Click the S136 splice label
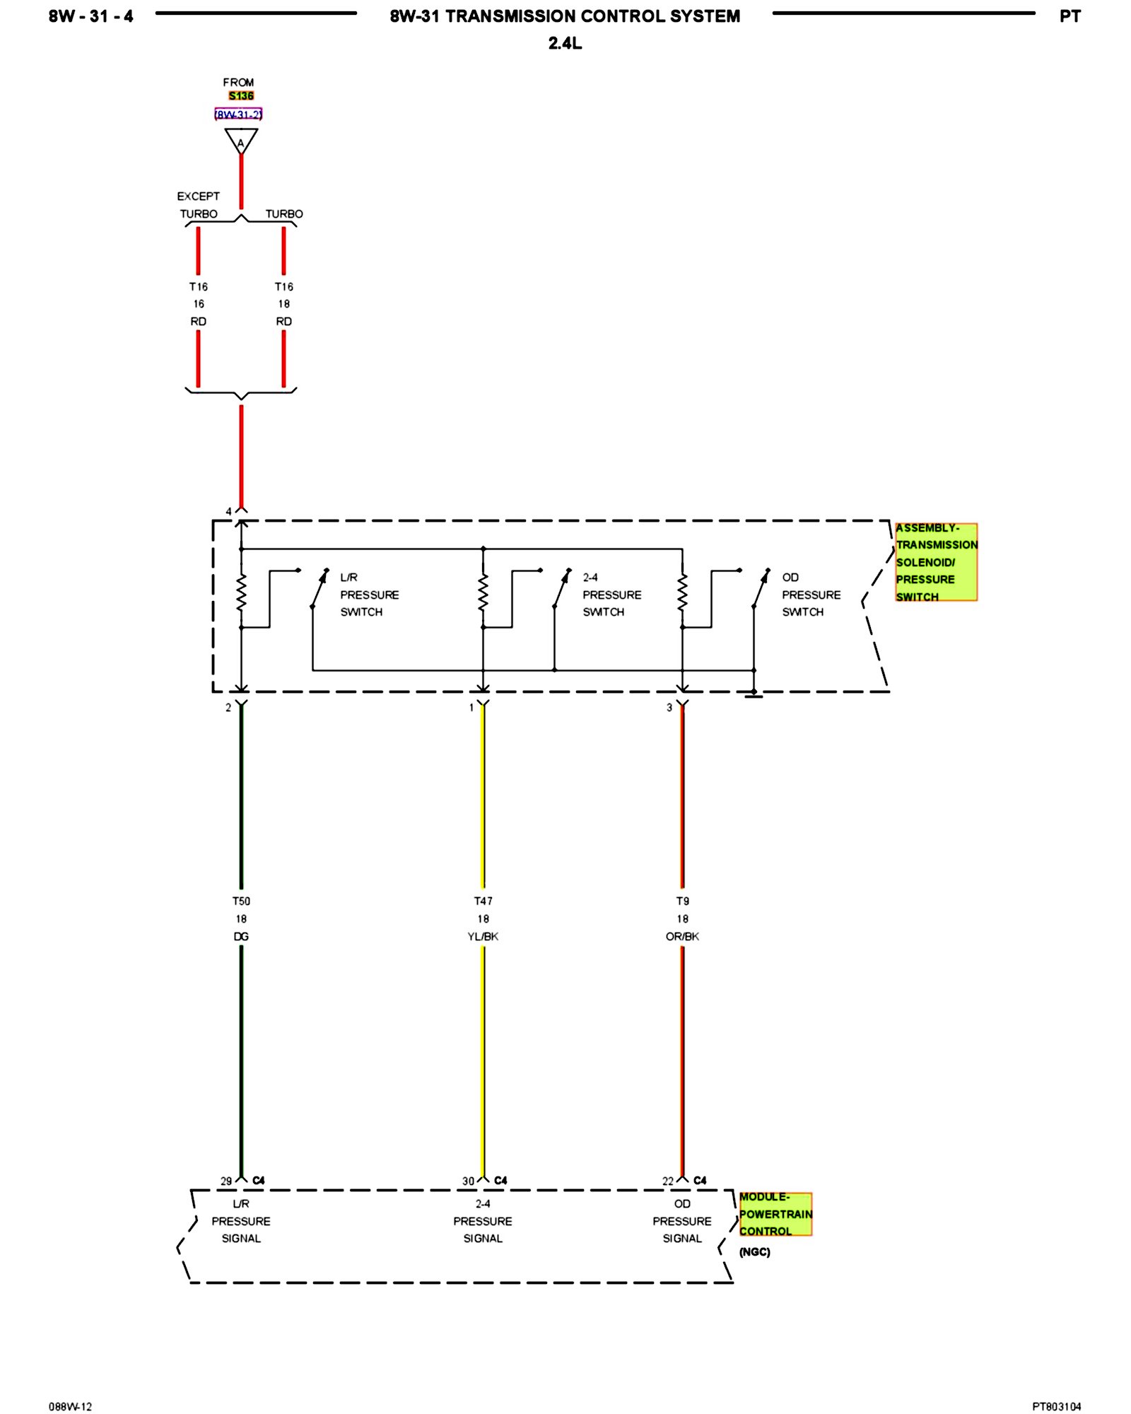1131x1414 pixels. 241,96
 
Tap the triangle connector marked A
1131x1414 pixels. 241,141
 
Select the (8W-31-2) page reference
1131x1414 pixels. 238,115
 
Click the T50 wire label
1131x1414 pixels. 241,901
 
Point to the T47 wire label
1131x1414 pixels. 483,901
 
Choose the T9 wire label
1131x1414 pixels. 682,901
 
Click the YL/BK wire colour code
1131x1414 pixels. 483,937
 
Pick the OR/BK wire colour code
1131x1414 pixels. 682,937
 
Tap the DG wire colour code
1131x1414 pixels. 241,937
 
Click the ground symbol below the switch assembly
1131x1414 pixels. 754,694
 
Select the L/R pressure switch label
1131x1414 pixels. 369,595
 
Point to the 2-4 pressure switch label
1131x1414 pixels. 611,595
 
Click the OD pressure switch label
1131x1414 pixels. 811,595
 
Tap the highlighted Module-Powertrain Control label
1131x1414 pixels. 775,1214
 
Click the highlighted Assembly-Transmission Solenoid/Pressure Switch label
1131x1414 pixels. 936,562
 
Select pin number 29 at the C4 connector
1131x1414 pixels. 226,1181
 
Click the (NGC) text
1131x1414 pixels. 754,1252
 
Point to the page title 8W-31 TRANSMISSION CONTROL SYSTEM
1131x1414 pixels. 565,16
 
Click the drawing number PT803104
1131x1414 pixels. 1056,1406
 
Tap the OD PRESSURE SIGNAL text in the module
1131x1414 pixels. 682,1221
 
